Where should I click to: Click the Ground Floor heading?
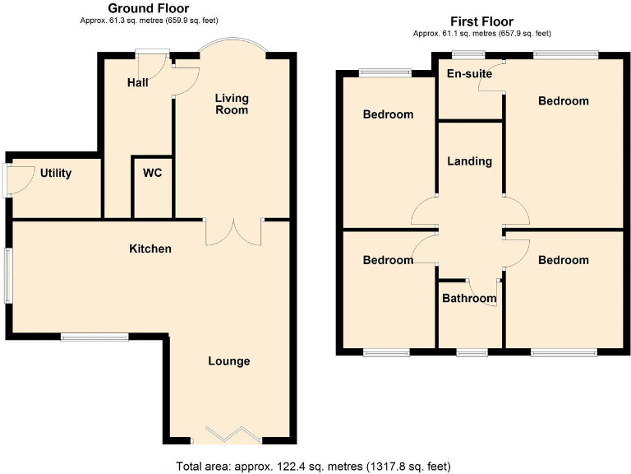coord(149,8)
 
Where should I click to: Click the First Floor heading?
coord(481,21)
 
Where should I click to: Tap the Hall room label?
coord(137,83)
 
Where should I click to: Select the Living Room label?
coord(232,104)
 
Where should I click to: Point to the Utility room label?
coord(55,174)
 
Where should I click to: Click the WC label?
coord(152,174)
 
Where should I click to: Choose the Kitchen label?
coord(150,249)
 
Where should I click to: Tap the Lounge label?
coord(228,361)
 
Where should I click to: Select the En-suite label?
coord(469,74)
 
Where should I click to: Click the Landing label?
coord(469,161)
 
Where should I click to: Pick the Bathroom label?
coord(469,298)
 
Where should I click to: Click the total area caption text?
coord(313,467)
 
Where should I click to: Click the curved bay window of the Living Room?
coord(233,44)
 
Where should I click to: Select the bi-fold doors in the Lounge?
coord(230,434)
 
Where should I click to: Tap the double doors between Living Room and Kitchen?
coord(233,232)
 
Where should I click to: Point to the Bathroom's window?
coord(472,352)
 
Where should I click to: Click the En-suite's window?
coord(468,54)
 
